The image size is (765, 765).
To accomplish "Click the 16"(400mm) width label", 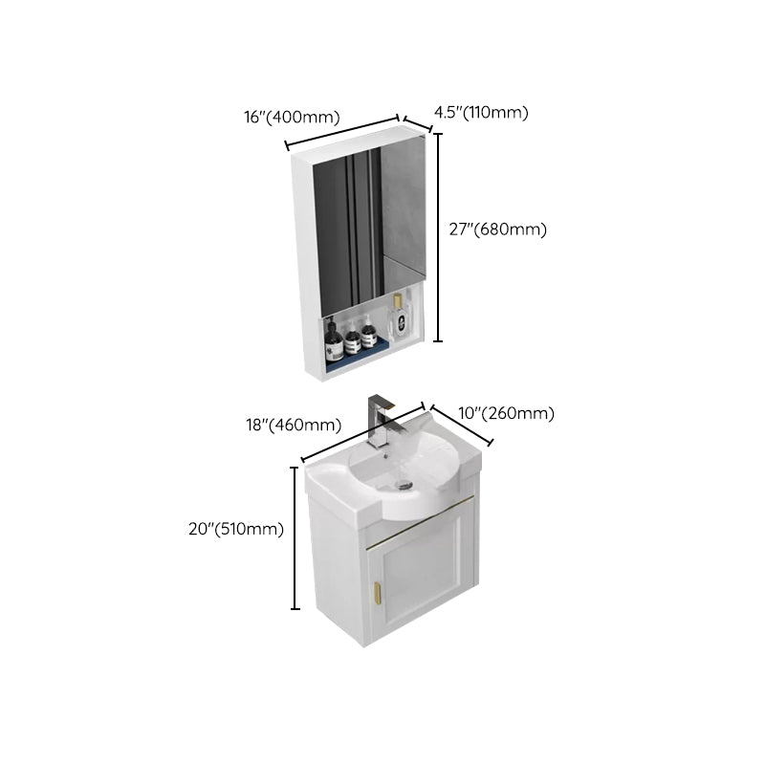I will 292,118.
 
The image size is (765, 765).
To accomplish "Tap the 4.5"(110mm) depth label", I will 481,112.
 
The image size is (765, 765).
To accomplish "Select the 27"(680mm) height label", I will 498,229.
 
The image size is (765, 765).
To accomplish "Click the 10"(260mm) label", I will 508,413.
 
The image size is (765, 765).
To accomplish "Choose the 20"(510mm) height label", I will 236,529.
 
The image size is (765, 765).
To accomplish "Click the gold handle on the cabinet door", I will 376,591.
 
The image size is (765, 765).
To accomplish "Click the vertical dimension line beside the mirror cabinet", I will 439,237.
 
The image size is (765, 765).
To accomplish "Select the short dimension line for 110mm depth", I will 418,125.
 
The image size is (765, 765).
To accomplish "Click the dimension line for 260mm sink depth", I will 461,424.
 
